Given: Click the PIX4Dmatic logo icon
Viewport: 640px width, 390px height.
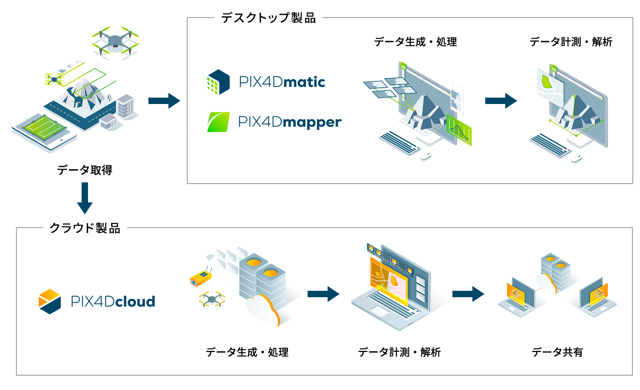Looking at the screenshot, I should (x=218, y=82).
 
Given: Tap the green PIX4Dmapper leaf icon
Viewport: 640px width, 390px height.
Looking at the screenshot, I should (x=219, y=122).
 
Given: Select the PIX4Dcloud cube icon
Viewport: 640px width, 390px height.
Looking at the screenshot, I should (x=50, y=302).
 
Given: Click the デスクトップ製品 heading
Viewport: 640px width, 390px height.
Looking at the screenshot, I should (x=268, y=18).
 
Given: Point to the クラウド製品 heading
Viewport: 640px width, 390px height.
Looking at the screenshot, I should (x=85, y=228).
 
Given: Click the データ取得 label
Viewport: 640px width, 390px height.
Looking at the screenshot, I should (x=85, y=170).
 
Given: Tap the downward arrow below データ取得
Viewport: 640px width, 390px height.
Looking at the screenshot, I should (x=85, y=198).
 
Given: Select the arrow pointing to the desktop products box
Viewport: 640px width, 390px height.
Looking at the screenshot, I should (x=164, y=101).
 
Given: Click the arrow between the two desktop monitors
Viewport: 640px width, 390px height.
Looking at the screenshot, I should (x=501, y=101).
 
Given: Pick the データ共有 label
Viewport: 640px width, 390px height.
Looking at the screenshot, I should (x=557, y=352).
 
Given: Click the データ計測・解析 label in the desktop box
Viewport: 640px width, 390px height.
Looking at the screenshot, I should (x=571, y=42).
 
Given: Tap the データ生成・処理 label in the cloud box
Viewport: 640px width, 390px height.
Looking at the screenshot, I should (x=247, y=352).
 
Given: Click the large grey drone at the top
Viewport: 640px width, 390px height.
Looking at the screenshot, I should (x=115, y=41).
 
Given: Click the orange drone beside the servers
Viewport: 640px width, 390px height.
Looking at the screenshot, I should (x=212, y=299).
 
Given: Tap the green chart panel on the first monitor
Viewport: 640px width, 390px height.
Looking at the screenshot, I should (x=459, y=129).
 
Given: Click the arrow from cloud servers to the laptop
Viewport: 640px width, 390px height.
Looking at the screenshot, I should (x=323, y=294).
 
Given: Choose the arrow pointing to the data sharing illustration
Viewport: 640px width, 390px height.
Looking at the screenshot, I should (x=468, y=294).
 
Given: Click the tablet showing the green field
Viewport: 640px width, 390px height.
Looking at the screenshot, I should (x=44, y=132).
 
